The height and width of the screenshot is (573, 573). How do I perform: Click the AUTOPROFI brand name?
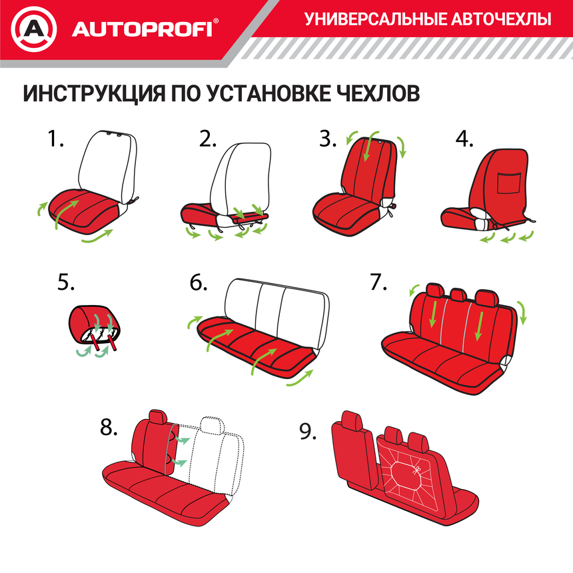[x=141, y=29]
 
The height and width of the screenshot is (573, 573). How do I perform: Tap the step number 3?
[x=327, y=139]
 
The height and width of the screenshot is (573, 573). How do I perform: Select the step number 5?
[x=65, y=283]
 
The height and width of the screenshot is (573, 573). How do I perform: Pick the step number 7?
[x=378, y=283]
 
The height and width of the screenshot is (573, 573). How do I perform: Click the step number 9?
[x=307, y=432]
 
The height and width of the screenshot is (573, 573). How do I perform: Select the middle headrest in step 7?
[x=458, y=294]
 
